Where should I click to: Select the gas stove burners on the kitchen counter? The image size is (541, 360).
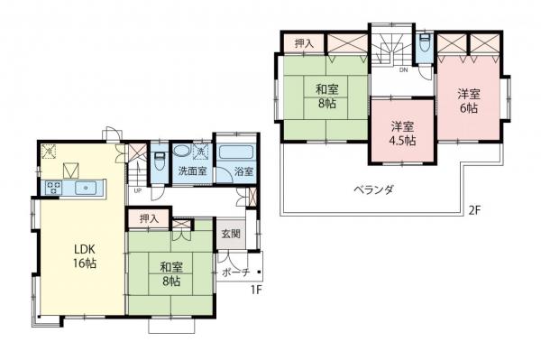(x=52, y=188)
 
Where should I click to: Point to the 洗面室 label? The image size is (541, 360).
(x=190, y=171)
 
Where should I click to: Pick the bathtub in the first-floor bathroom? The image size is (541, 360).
(x=235, y=151)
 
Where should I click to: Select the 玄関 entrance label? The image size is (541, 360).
(x=231, y=234)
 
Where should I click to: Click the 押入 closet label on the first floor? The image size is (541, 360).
(x=149, y=217)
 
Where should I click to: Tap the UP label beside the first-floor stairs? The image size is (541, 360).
(x=137, y=191)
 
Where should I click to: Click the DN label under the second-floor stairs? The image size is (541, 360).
(x=403, y=69)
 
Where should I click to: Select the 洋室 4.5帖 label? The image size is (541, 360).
(x=402, y=134)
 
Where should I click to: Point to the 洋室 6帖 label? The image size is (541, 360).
(x=467, y=100)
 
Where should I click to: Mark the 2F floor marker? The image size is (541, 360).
(x=472, y=211)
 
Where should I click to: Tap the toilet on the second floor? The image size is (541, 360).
(x=424, y=45)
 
